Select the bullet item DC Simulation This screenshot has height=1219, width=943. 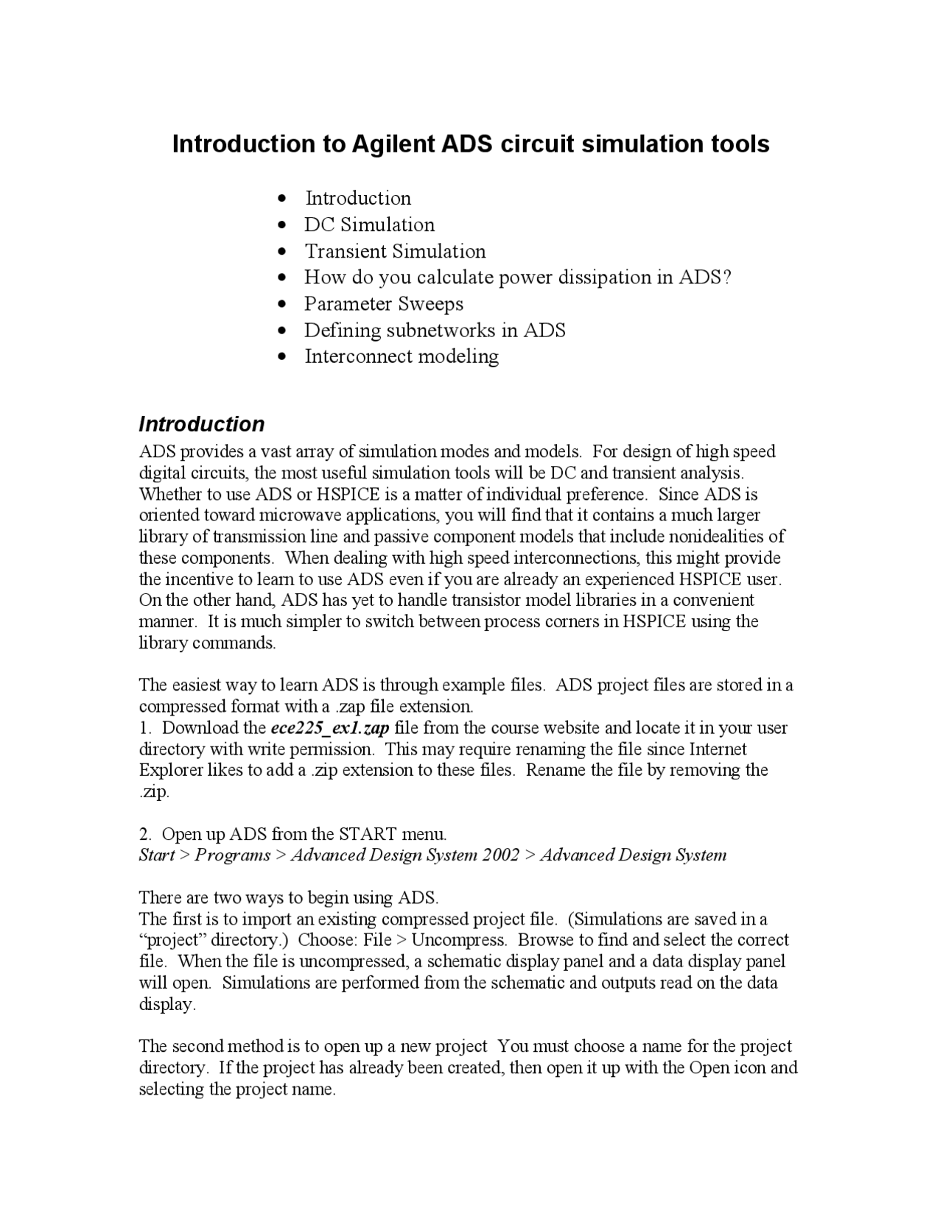point(369,225)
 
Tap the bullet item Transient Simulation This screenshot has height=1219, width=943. point(395,251)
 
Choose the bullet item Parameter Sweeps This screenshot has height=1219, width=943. point(384,304)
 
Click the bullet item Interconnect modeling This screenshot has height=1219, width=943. point(402,356)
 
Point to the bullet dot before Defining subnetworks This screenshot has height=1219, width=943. point(284,331)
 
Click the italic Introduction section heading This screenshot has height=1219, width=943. point(201,424)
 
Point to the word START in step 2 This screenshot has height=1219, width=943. point(368,834)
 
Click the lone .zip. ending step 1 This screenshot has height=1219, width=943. point(154,792)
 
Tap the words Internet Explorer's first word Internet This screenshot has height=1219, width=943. point(718,749)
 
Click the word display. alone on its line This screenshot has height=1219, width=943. point(167,1005)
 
